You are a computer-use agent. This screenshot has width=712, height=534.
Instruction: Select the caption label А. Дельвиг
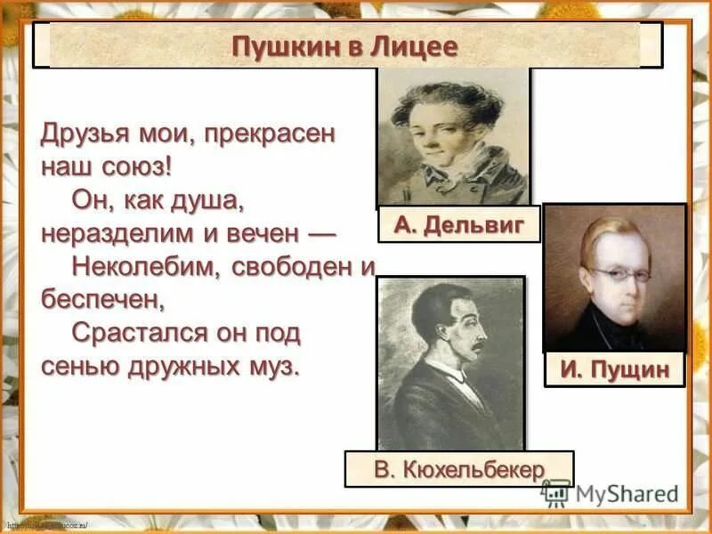(x=458, y=224)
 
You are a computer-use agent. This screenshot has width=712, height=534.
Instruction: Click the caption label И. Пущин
(x=615, y=368)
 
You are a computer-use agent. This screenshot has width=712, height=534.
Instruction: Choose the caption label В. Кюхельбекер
(x=459, y=469)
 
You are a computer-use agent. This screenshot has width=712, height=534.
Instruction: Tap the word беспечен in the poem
(x=102, y=298)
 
